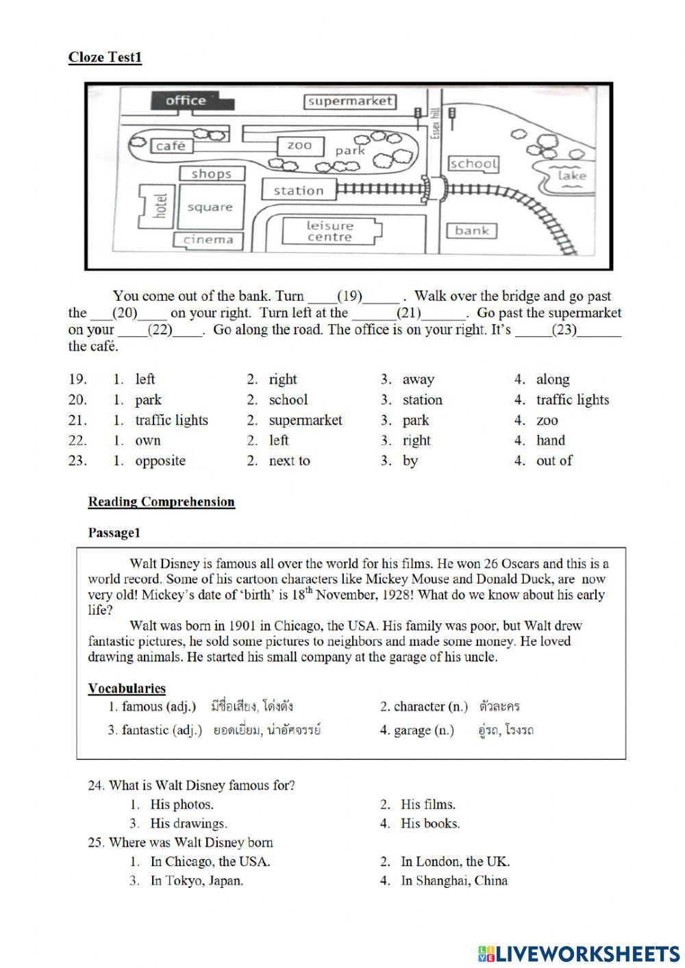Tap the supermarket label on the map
point(349,101)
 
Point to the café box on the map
point(171,146)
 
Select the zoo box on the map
point(299,145)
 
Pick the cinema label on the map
point(208,240)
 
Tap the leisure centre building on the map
point(329,232)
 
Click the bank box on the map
point(472,231)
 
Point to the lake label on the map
point(572,175)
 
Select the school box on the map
point(473,164)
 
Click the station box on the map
point(298,190)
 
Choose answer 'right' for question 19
point(282,380)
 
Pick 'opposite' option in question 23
point(160,461)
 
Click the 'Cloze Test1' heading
point(105,57)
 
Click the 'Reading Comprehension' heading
point(161,502)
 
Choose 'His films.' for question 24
point(427,804)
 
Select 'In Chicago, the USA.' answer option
point(210,862)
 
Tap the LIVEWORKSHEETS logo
point(579,953)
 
